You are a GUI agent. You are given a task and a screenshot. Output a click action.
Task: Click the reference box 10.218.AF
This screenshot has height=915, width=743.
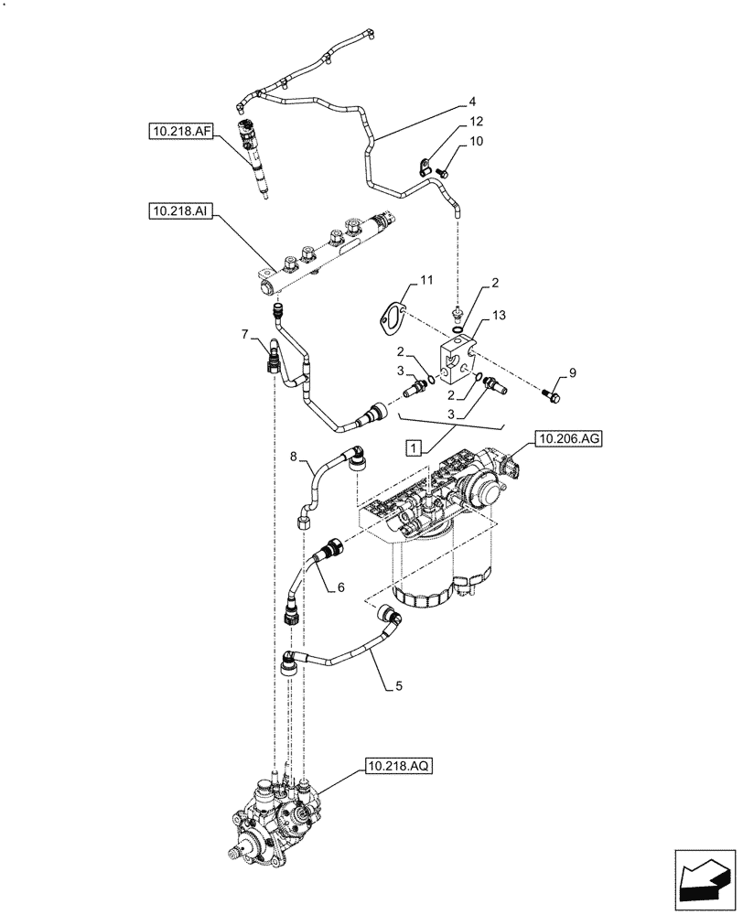click(180, 132)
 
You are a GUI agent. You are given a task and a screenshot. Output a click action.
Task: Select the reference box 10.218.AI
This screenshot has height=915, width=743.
click(179, 212)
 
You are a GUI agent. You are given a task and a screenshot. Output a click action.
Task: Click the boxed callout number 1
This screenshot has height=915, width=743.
click(414, 448)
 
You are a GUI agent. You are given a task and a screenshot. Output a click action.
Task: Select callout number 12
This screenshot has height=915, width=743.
click(476, 122)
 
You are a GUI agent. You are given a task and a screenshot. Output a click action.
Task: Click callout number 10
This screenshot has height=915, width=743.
click(476, 142)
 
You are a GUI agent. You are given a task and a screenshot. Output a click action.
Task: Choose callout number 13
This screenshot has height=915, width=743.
click(497, 316)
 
